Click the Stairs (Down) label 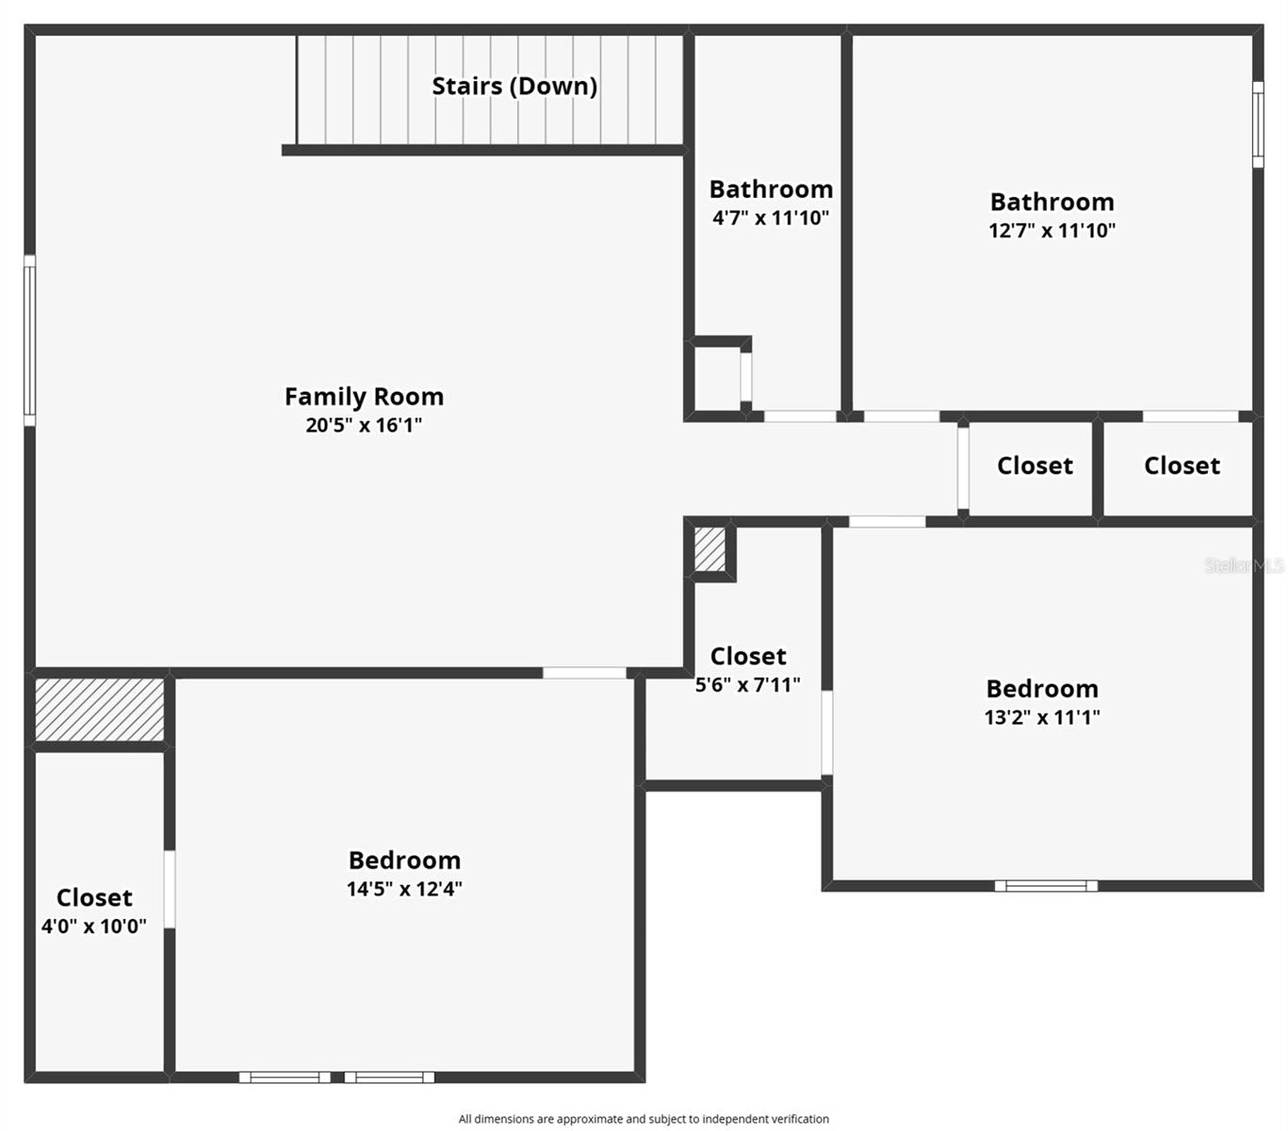point(514,86)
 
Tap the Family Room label point(364,397)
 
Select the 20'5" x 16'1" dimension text point(364,425)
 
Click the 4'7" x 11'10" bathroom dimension point(771,218)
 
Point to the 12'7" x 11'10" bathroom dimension point(1052,230)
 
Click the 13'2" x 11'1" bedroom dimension point(1042,717)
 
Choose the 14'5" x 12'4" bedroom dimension point(404,889)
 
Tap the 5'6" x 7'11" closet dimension point(747,685)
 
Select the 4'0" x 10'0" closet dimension point(93,926)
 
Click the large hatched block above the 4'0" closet point(99,710)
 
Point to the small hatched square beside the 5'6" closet point(709,549)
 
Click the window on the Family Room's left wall point(29,340)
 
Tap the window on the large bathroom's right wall point(1258,124)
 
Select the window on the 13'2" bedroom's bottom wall point(1046,886)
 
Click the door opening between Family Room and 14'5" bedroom point(584,673)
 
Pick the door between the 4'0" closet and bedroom point(170,889)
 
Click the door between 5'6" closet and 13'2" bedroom point(827,732)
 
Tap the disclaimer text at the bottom point(644,1119)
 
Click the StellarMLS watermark point(1244,565)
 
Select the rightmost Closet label point(1182,466)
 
